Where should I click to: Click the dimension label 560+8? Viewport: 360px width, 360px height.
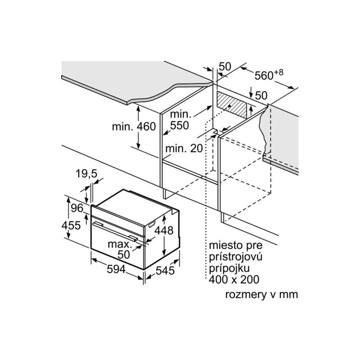tap(269, 75)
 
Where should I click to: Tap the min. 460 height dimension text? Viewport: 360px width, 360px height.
tap(134, 126)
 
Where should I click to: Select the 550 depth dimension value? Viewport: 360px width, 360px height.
tap(180, 126)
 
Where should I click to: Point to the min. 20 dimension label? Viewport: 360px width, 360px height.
tap(184, 148)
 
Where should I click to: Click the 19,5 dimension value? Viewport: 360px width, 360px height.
tap(86, 174)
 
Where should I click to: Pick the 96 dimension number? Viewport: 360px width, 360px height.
tap(77, 208)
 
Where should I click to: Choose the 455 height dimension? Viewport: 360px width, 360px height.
tap(71, 225)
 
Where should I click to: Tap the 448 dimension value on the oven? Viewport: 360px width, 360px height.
tap(164, 230)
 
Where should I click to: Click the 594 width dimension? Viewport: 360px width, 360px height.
tap(116, 269)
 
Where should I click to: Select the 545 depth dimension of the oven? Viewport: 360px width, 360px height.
tap(165, 271)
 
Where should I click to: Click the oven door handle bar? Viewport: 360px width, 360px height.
tap(115, 231)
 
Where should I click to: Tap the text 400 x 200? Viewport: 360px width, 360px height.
tap(234, 279)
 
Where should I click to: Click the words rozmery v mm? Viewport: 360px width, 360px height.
tap(261, 294)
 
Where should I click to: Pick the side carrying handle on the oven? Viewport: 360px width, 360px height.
tap(152, 224)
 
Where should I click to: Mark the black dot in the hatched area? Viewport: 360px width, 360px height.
tap(229, 106)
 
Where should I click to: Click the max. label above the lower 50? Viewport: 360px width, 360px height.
tap(120, 244)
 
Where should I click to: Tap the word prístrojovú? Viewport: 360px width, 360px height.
tap(235, 256)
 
